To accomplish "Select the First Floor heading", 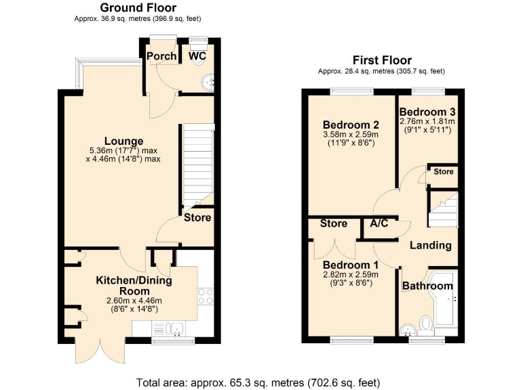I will (381, 60).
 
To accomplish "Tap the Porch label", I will (161, 56).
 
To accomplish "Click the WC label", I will (197, 56).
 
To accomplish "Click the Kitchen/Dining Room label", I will (134, 285).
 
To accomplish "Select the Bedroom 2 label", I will (350, 125).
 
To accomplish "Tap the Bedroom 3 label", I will (427, 112).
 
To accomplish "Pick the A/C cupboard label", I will (379, 223).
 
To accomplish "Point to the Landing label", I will (431, 245).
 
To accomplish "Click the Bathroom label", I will (427, 286).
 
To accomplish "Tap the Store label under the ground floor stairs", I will (197, 217).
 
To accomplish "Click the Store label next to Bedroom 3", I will (443, 172).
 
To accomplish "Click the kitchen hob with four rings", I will (205, 296).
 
